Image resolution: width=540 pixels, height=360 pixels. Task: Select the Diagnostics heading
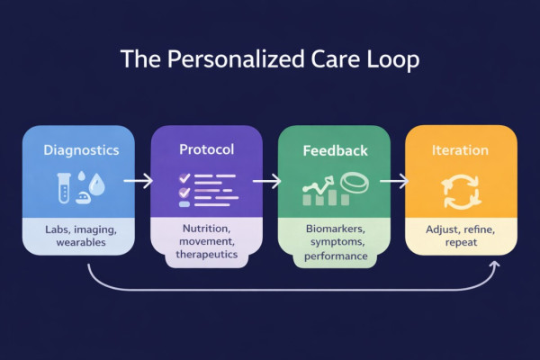[x=80, y=149]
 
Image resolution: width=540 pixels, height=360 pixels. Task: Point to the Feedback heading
[x=334, y=148]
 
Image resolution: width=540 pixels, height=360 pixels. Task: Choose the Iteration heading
[x=461, y=148]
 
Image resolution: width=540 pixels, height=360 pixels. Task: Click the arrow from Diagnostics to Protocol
[x=137, y=182]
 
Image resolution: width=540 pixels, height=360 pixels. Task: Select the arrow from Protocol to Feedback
[x=265, y=182]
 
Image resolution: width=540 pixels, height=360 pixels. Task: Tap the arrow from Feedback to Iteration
[x=393, y=182]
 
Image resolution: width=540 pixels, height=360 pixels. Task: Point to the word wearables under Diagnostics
[x=80, y=244]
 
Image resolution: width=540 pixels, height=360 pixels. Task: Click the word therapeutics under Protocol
[x=206, y=256]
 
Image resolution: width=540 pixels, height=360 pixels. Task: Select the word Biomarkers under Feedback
[x=334, y=229]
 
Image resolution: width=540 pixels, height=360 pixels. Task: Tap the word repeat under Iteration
[x=461, y=244]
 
